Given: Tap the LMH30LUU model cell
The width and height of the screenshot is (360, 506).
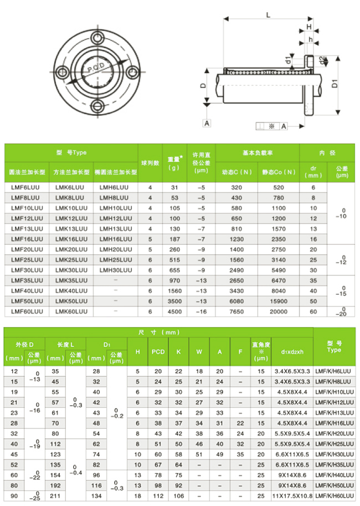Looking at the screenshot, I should (116, 269).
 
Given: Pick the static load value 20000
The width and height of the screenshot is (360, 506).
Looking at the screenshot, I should (279, 311).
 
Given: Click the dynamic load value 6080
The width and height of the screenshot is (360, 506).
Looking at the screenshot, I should (236, 301).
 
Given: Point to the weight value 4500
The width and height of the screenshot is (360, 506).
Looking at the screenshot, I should (174, 311).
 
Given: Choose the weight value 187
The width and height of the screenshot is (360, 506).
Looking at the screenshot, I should (174, 239).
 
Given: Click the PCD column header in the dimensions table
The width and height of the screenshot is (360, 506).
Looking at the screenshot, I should (158, 351).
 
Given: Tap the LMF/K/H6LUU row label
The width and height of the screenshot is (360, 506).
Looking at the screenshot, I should (334, 371).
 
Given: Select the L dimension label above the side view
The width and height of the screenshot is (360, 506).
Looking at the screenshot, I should (268, 16).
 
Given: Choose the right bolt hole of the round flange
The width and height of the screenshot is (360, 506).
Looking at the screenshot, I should (132, 71).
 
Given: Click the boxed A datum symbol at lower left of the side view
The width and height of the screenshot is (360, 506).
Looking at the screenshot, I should (207, 123).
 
